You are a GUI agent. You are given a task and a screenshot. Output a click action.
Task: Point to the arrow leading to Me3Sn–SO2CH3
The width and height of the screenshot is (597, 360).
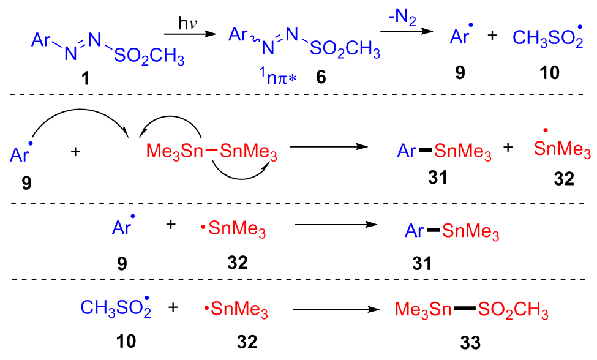point(334,311)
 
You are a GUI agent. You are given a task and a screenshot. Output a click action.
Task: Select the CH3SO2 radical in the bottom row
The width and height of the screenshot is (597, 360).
point(115,310)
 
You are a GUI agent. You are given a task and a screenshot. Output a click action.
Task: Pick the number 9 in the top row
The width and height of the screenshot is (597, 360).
point(459,73)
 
